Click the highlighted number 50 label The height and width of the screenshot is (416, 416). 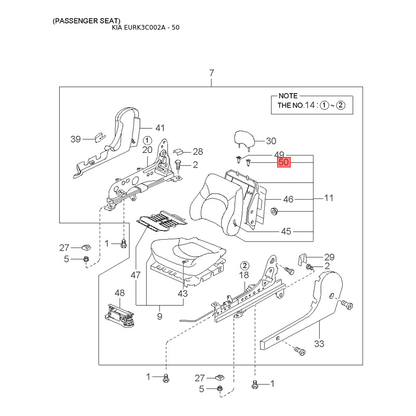pyautogui.click(x=283, y=163)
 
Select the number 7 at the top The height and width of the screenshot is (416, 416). pyautogui.click(x=212, y=73)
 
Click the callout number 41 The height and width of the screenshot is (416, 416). pyautogui.click(x=160, y=128)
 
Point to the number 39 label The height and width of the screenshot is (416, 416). pyautogui.click(x=76, y=139)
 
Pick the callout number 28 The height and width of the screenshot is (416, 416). pyautogui.click(x=198, y=152)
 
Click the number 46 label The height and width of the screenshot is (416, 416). pyautogui.click(x=288, y=199)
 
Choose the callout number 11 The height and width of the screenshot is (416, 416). pyautogui.click(x=329, y=198)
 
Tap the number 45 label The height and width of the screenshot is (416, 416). pyautogui.click(x=286, y=231)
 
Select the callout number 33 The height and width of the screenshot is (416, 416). pyautogui.click(x=319, y=344)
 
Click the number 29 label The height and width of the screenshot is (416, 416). pyautogui.click(x=329, y=257)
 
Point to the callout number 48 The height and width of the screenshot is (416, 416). pyautogui.click(x=120, y=293)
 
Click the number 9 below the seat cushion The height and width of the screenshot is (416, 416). pyautogui.click(x=160, y=316)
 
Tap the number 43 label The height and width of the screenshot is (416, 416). pyautogui.click(x=183, y=293)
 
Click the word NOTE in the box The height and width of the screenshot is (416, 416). pyautogui.click(x=288, y=96)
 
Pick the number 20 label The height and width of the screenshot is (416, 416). pyautogui.click(x=147, y=150)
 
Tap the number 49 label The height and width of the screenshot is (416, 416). pyautogui.click(x=279, y=155)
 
